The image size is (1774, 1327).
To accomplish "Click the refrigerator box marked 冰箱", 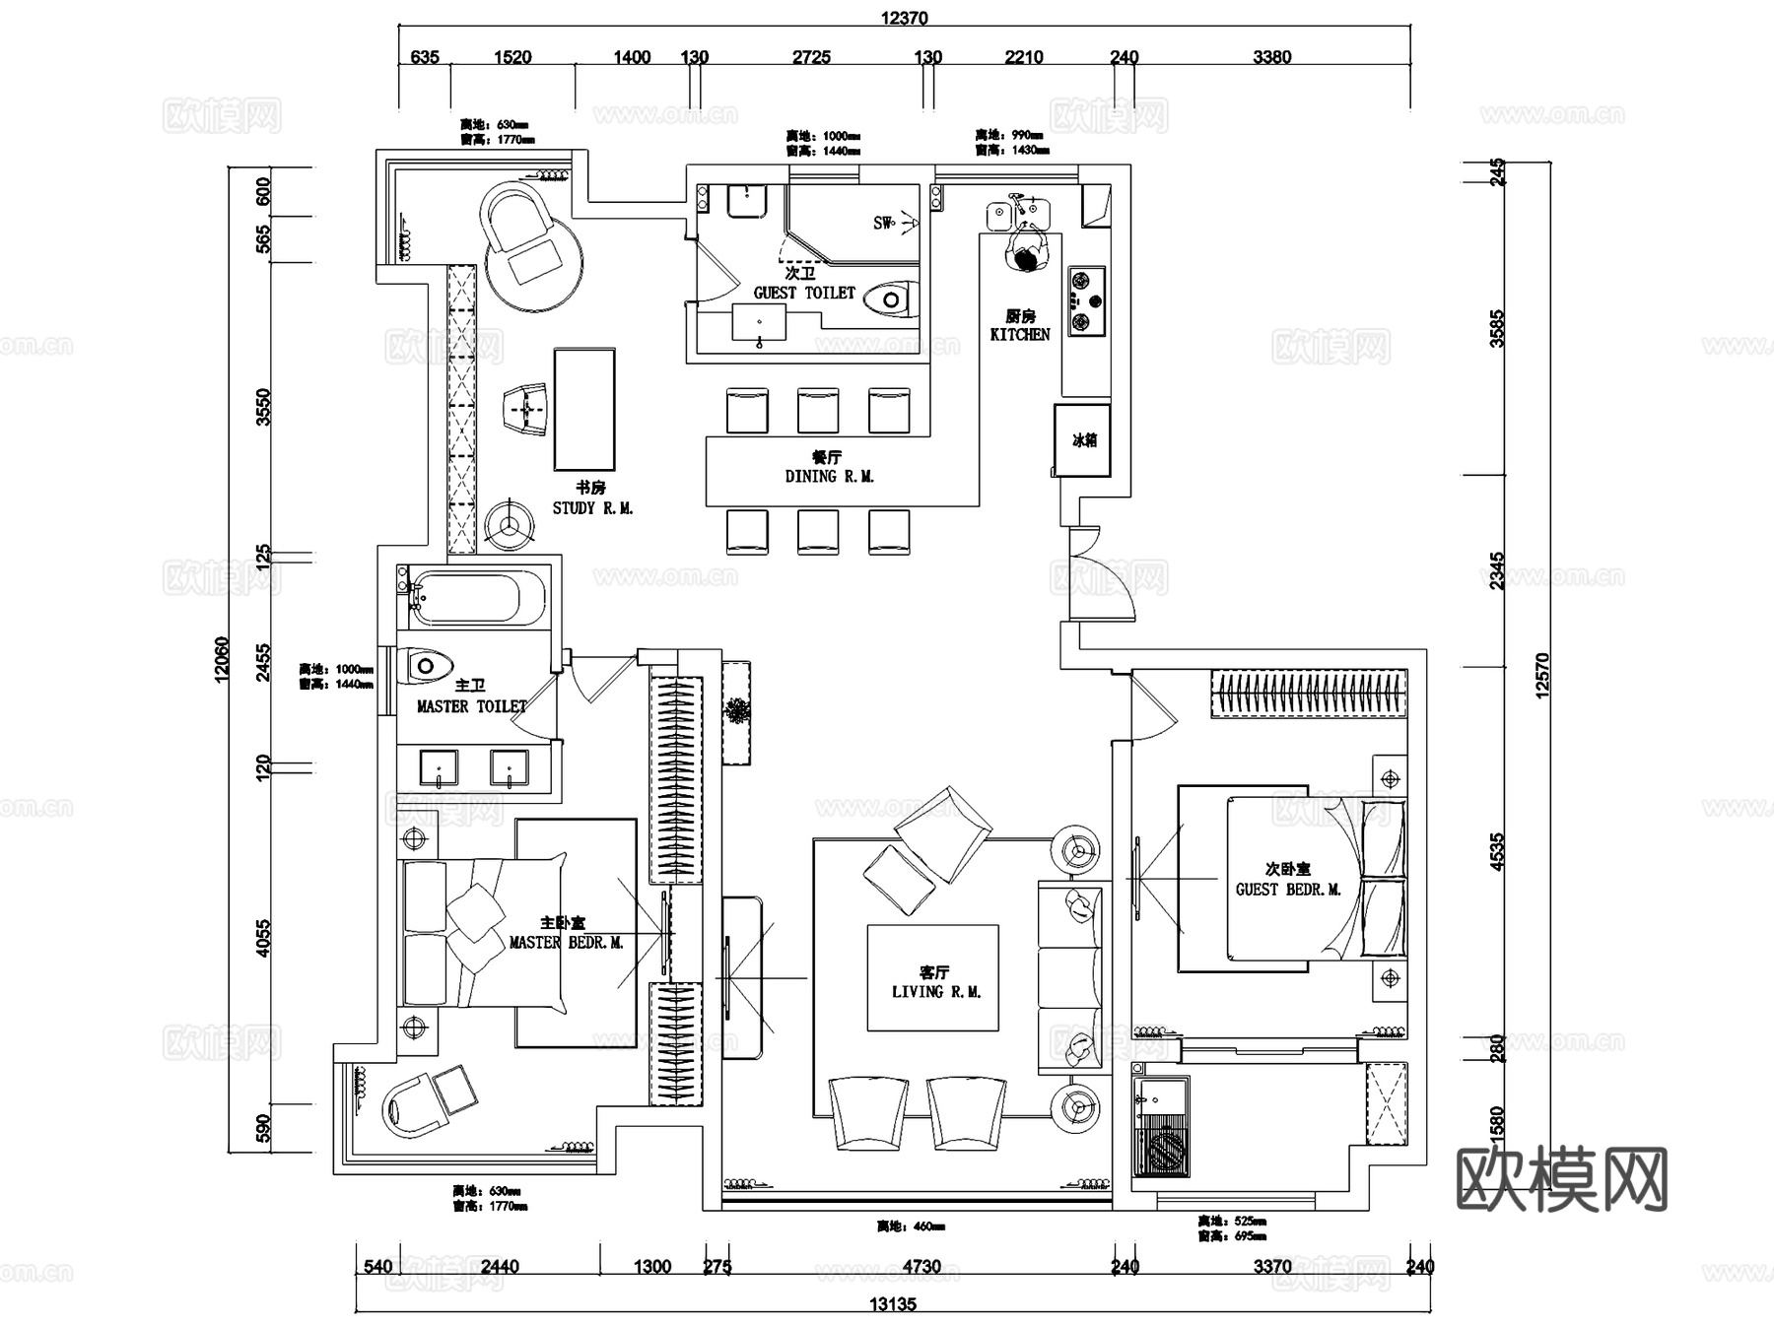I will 1083,439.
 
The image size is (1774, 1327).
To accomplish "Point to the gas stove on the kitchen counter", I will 1085,300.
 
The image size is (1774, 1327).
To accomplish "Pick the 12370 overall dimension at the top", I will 903,18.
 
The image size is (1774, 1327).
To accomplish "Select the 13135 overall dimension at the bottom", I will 892,1304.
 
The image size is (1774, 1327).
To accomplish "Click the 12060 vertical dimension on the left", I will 221,658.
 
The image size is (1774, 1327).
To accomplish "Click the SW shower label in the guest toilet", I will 883,223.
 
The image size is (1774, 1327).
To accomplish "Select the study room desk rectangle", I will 584,409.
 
